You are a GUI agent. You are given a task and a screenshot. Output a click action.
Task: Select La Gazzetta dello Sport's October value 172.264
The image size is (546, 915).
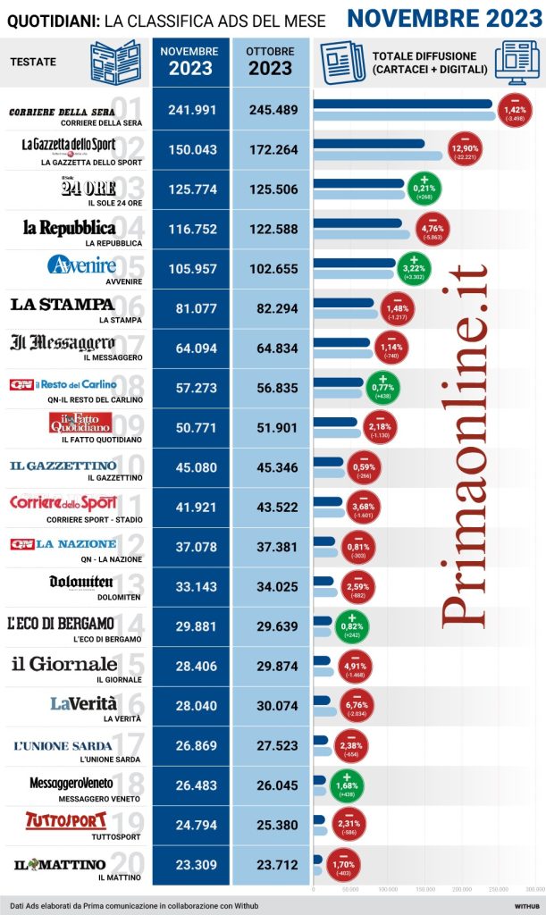(x=271, y=149)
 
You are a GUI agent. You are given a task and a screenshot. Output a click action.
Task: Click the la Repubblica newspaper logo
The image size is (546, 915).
(x=70, y=227)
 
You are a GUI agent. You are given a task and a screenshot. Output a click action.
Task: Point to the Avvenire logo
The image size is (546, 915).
(x=81, y=266)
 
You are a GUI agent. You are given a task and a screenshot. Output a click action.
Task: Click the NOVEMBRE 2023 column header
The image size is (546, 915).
(x=191, y=61)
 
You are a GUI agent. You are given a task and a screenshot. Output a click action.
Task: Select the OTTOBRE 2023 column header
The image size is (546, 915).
(x=271, y=61)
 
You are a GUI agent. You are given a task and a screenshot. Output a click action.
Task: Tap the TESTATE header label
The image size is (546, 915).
(x=33, y=62)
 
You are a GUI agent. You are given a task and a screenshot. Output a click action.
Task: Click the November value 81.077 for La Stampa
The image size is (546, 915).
(x=192, y=307)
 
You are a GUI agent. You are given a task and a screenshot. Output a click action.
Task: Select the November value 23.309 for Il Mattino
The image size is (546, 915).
(x=192, y=863)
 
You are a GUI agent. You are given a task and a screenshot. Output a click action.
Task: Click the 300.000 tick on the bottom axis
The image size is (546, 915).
(x=534, y=890)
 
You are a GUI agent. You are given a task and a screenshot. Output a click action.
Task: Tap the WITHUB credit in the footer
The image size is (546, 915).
(x=525, y=904)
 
